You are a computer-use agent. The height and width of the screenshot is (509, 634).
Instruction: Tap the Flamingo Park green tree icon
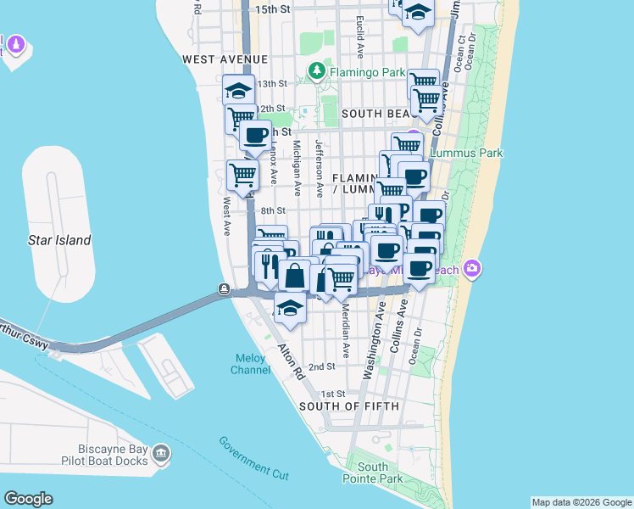[x=317, y=71]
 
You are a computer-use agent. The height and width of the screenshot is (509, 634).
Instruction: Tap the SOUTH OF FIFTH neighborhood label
[x=348, y=406]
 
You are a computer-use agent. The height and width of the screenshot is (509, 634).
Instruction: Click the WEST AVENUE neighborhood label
[x=225, y=59]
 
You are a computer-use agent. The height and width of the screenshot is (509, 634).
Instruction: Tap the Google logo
[x=28, y=499]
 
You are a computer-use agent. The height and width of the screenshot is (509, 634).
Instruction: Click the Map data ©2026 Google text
[x=581, y=502]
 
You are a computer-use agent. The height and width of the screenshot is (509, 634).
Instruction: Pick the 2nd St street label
[x=322, y=366]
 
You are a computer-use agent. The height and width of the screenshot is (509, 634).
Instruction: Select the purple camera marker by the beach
[x=473, y=269]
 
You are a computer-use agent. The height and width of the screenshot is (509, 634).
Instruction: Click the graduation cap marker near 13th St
[x=239, y=90]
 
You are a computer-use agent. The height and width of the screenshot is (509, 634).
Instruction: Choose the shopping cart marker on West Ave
[x=243, y=174]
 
